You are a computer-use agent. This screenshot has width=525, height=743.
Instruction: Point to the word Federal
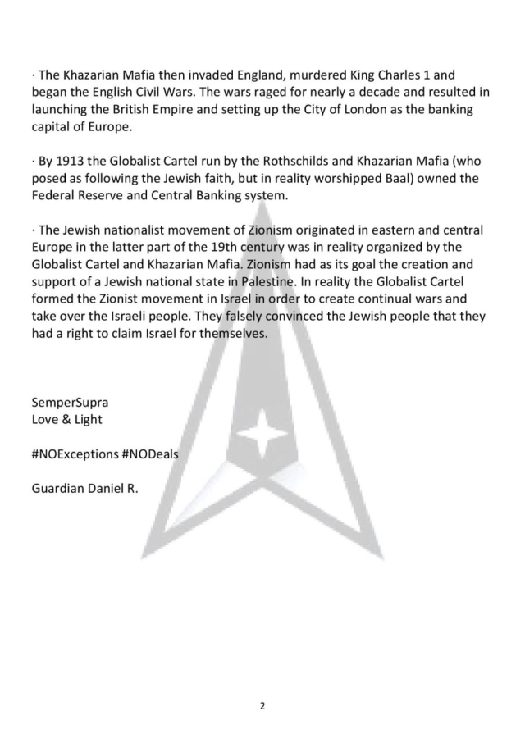click(x=55, y=195)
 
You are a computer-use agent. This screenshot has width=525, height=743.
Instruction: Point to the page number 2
click(x=262, y=705)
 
